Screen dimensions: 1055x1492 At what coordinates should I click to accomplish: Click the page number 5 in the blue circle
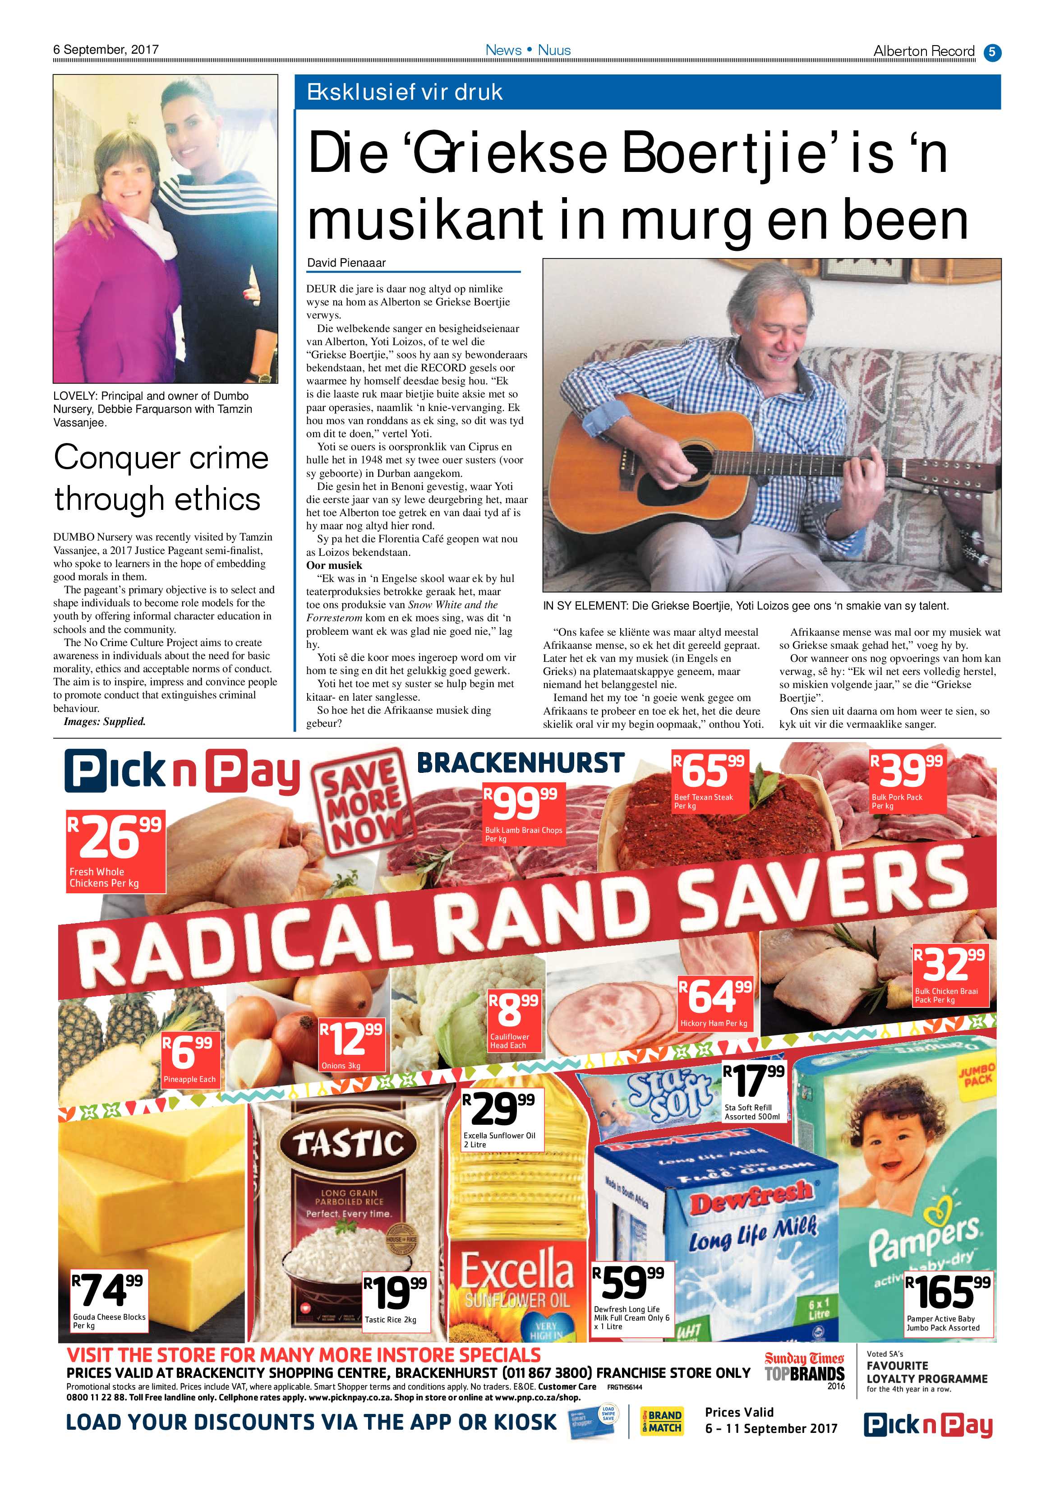[992, 52]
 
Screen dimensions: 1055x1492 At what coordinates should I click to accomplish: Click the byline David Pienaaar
[346, 263]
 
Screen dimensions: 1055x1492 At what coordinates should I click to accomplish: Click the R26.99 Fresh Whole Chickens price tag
[115, 850]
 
